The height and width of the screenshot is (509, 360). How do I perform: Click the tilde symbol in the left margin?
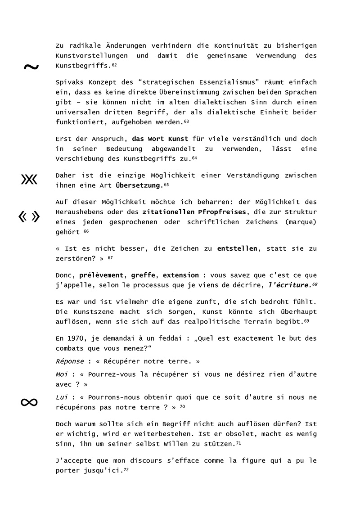(x=31, y=67)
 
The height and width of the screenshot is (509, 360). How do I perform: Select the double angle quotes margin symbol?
(x=29, y=217)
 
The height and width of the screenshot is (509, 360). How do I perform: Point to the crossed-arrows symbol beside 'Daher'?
(x=29, y=179)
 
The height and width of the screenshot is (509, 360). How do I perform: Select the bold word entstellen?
(x=237, y=248)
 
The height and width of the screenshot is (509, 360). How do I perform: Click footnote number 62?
(x=114, y=66)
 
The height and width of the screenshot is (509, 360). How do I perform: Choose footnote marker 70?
(x=182, y=406)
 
